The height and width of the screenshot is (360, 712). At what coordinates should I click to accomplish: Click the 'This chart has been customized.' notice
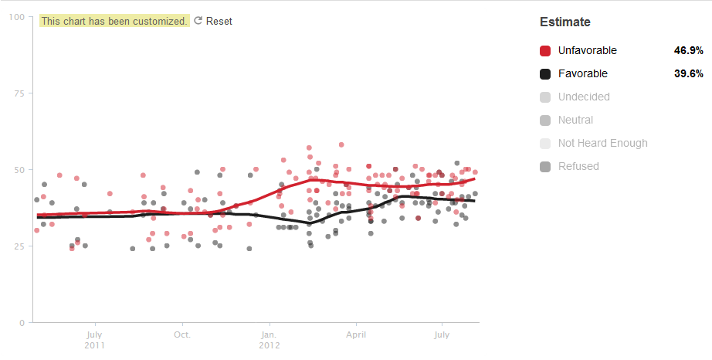[114, 22]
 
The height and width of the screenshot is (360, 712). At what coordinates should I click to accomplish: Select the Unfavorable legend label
[588, 50]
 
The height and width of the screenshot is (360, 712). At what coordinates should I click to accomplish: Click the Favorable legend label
[583, 73]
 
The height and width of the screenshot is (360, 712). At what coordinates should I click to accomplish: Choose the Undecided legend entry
[584, 97]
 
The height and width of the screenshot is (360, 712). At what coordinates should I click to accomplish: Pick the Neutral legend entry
[575, 120]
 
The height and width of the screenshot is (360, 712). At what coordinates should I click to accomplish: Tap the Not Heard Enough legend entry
[602, 143]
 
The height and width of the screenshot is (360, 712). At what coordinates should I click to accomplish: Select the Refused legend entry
[578, 166]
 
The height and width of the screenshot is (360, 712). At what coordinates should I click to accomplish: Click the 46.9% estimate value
[688, 50]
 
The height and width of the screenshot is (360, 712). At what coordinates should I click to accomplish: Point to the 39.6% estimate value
[688, 73]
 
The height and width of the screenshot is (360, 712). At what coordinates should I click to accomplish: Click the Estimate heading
[565, 22]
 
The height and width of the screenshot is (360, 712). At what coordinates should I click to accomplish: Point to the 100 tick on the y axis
[16, 17]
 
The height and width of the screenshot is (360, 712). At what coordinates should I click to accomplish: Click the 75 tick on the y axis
[19, 93]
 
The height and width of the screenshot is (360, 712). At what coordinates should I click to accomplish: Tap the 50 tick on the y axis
[19, 170]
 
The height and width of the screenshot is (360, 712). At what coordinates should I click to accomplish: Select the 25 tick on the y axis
[19, 246]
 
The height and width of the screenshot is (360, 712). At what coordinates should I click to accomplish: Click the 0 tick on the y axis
[21, 323]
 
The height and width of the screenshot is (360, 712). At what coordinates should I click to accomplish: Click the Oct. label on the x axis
[182, 335]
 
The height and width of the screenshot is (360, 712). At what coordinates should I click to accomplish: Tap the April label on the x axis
[356, 335]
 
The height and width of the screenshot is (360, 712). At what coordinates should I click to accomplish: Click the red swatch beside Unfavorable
[545, 50]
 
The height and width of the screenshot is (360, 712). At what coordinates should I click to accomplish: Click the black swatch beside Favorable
[545, 73]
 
